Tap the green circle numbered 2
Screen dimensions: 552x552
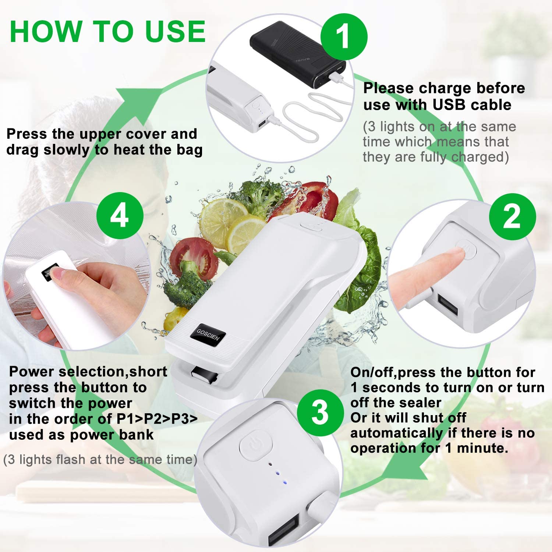click(x=512, y=217)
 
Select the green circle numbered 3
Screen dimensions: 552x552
click(x=320, y=413)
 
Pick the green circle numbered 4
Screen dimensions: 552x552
click(x=120, y=216)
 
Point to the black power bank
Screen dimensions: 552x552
click(x=298, y=59)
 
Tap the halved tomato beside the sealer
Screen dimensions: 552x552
click(x=192, y=254)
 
